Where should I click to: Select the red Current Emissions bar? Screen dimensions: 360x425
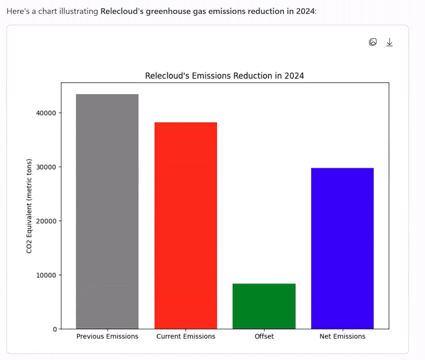[x=186, y=225]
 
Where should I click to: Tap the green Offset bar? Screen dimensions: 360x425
[x=264, y=306]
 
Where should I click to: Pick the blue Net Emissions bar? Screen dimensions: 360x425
[x=342, y=248]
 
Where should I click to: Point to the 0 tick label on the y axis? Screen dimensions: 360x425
[x=54, y=329]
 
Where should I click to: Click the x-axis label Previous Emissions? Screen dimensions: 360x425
[x=107, y=337]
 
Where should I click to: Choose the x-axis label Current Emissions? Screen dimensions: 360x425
[x=186, y=337]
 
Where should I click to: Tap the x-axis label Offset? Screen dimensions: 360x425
[x=264, y=337]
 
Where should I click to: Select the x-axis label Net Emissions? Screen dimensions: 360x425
[x=342, y=337]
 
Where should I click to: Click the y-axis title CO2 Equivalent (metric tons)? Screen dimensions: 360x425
[x=29, y=206]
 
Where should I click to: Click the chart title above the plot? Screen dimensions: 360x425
[x=224, y=76]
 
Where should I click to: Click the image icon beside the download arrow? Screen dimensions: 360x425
[x=373, y=42]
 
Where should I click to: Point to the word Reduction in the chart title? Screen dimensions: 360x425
[x=254, y=76]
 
